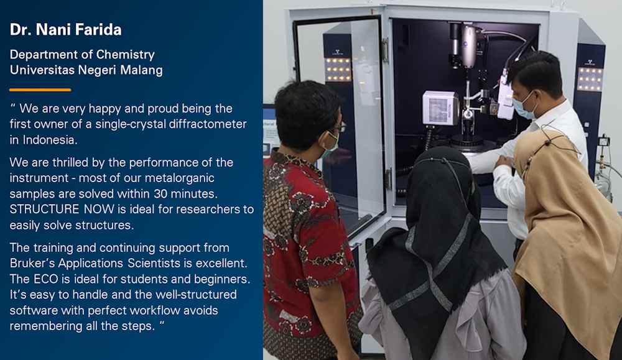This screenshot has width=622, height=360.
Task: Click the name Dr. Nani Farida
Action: (x=65, y=30)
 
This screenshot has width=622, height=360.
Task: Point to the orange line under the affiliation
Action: (x=40, y=90)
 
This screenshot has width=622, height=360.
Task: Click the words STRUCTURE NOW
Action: (x=62, y=210)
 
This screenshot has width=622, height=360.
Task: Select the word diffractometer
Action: (x=208, y=124)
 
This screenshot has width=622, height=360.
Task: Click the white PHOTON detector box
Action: (x=440, y=108)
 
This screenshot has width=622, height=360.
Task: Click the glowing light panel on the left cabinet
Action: (x=338, y=70)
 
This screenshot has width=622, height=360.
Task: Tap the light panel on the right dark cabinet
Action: (x=590, y=79)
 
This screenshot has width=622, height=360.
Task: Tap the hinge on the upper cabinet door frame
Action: (x=385, y=50)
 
